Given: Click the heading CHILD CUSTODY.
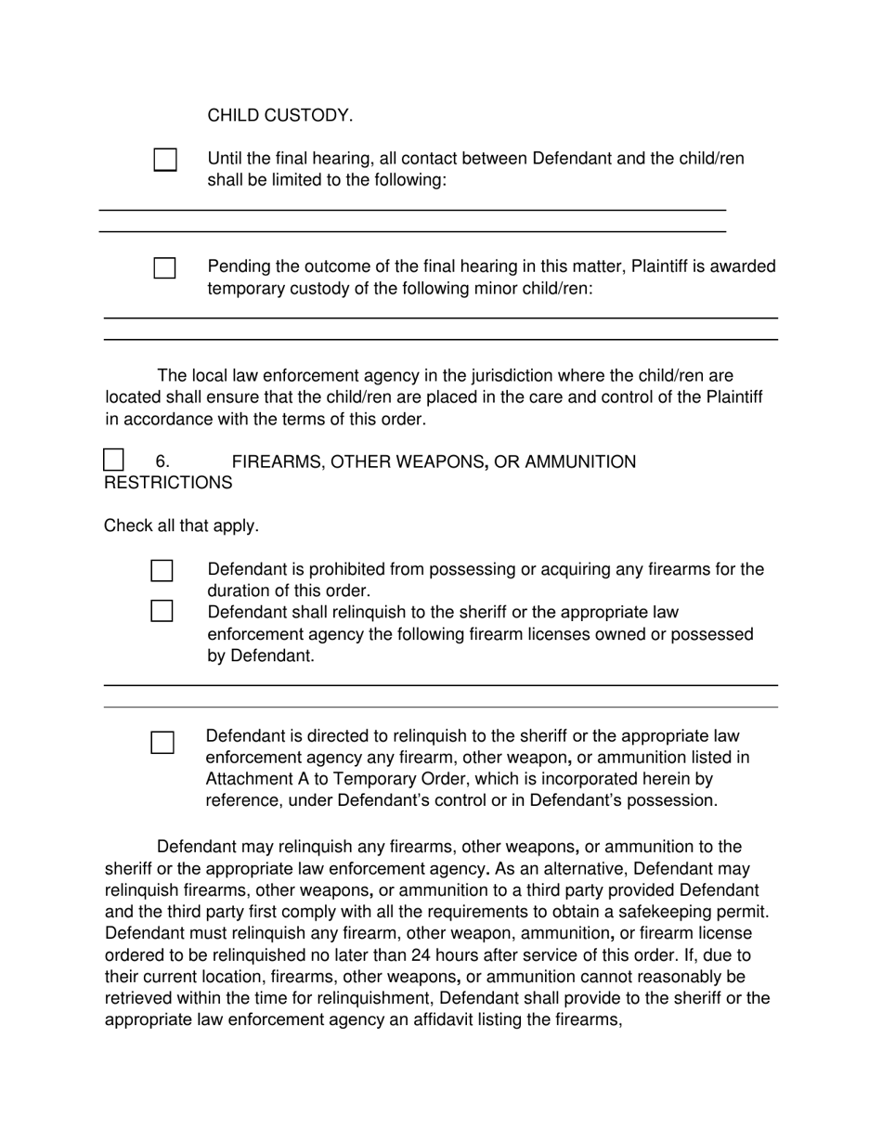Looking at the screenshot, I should point(279,116).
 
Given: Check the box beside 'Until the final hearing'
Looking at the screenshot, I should point(164,160).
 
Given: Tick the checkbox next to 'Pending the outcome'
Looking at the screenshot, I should point(164,268).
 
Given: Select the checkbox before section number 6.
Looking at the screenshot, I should point(113,460).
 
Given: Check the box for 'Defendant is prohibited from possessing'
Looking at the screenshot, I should point(162,570).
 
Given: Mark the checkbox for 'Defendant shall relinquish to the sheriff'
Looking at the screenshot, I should point(162,611).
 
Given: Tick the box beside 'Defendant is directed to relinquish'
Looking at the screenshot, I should point(162,742).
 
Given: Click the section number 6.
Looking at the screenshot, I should point(162,461).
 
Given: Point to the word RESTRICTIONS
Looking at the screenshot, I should point(168,483).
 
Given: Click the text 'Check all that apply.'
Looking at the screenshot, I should point(181,526).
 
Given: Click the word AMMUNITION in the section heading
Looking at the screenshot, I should point(580,461).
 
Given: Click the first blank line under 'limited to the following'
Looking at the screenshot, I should point(412,210).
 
